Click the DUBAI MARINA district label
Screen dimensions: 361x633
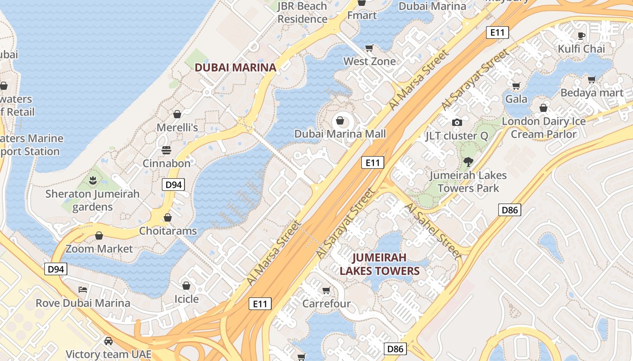(x=235, y=68)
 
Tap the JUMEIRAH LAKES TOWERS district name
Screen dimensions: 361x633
(x=380, y=264)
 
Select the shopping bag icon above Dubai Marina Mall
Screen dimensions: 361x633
(x=340, y=120)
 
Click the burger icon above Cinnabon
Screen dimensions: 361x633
(x=166, y=150)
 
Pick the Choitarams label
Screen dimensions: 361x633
(x=168, y=231)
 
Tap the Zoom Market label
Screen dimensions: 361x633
(x=99, y=249)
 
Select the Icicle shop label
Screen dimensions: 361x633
(x=186, y=299)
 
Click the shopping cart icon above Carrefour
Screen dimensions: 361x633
(x=326, y=290)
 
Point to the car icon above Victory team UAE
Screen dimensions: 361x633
(x=108, y=341)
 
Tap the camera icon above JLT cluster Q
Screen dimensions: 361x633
(x=457, y=122)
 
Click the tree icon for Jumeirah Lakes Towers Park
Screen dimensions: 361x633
(x=468, y=162)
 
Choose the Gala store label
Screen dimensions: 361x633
(x=516, y=99)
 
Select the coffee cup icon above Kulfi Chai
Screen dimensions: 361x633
(x=581, y=35)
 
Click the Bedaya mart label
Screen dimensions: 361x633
(x=592, y=93)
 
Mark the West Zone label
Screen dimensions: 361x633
(x=369, y=61)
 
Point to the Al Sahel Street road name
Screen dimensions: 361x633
(x=433, y=231)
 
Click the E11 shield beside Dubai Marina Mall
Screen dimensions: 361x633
(x=373, y=162)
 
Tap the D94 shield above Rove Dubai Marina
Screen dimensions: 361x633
(x=56, y=269)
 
